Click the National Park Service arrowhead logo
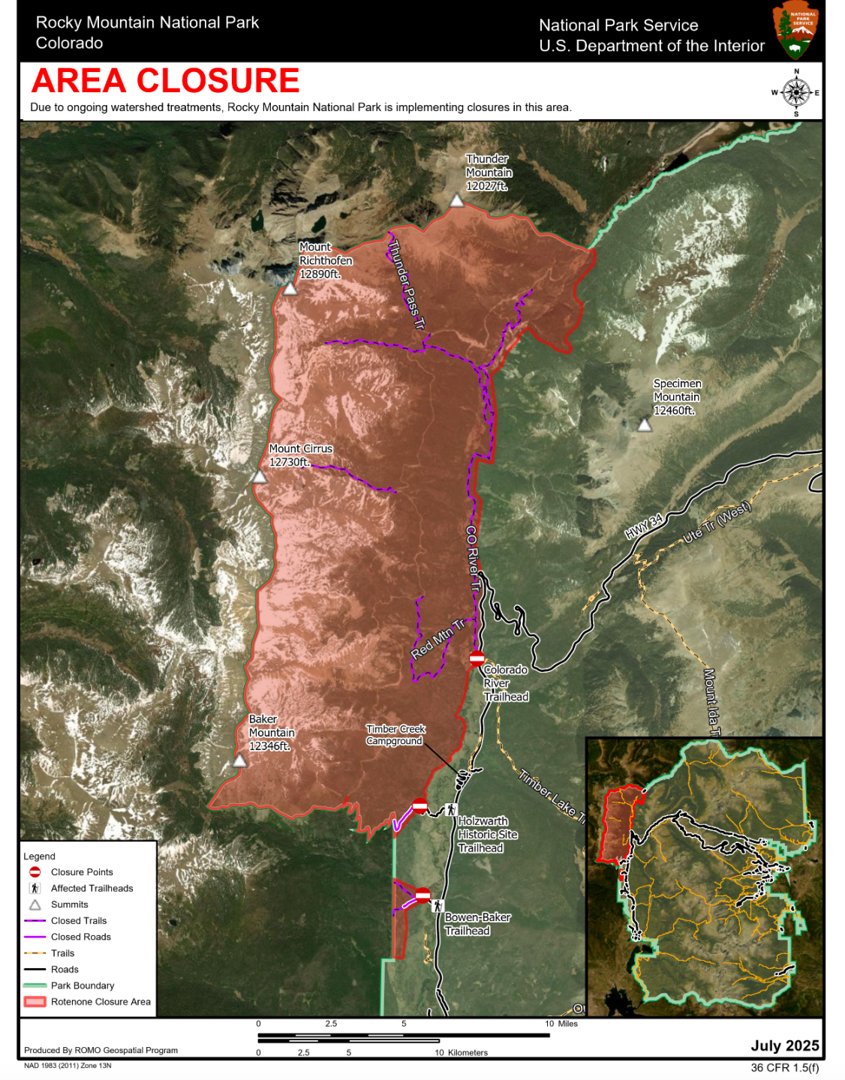(x=796, y=30)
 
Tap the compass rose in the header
(x=795, y=93)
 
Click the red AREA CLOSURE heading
(x=165, y=81)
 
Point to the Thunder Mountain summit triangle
(x=456, y=200)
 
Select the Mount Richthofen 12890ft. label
(x=325, y=260)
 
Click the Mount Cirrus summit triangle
(x=260, y=477)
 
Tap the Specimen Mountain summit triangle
(x=644, y=425)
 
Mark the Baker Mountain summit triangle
(x=239, y=761)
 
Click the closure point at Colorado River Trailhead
(x=477, y=659)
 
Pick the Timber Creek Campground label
(x=395, y=735)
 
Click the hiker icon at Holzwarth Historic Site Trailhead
(x=451, y=809)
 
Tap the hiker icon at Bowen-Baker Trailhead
(x=438, y=906)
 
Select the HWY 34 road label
(x=644, y=526)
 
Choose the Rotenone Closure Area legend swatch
(x=35, y=1002)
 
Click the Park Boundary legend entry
(x=83, y=985)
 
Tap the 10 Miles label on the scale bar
(x=561, y=1024)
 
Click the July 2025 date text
(x=784, y=1045)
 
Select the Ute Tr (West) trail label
(x=716, y=523)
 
